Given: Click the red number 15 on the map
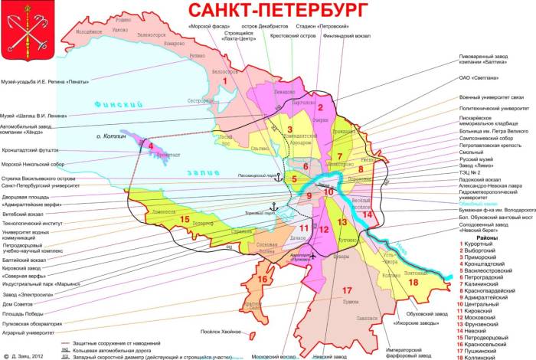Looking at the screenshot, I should pos(184,220).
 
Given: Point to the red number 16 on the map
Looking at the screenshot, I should pos(263,279).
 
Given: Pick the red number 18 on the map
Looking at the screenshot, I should pos(414,282).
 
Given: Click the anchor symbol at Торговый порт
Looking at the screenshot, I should pos(271,208).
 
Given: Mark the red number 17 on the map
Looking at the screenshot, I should pos(346,290).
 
